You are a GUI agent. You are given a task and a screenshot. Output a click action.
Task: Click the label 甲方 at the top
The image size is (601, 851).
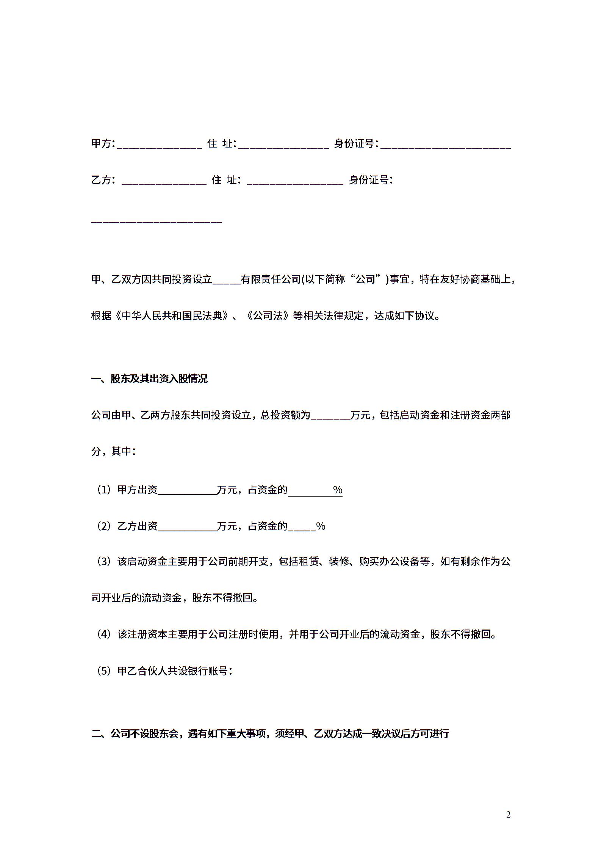pos(102,143)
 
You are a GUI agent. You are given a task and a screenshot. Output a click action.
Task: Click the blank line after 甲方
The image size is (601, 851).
pos(160,146)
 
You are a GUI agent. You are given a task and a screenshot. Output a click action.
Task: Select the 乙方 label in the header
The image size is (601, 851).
pos(102,180)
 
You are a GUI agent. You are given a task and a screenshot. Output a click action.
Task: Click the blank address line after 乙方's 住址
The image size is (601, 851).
pos(295,182)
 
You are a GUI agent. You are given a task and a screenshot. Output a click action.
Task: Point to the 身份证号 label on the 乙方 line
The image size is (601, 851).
pos(369,180)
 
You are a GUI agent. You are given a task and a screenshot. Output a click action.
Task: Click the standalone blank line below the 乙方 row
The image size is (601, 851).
pos(157,221)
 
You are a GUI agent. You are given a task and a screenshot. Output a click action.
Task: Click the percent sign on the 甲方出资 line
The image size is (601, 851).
pos(338,490)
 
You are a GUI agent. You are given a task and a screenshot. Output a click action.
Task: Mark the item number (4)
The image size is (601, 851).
pos(103,634)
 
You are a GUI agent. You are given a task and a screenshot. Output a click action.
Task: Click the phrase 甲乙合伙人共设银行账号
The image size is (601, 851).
pos(172,671)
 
